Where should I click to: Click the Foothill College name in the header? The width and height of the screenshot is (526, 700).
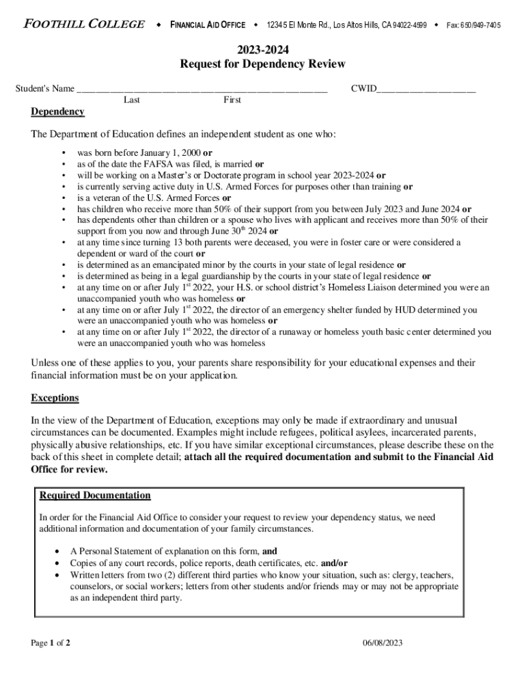coord(84,25)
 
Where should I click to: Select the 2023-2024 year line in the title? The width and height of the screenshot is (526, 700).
coord(262,50)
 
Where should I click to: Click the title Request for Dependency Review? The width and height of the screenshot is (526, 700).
coord(262,64)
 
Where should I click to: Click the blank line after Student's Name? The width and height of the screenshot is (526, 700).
coord(202,90)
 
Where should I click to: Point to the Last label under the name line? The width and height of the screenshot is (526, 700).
coord(132,100)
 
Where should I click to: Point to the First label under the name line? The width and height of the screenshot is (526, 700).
coord(232,100)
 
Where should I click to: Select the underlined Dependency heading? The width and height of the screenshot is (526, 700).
coord(57,112)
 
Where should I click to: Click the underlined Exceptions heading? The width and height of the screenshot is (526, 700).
coord(55,398)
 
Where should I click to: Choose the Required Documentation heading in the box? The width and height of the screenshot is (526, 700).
coord(95,496)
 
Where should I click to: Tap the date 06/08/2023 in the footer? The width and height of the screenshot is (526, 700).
coord(384,643)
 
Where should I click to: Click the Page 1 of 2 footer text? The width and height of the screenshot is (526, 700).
coord(51,643)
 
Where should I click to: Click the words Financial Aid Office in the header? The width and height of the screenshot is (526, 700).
coord(207,25)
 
